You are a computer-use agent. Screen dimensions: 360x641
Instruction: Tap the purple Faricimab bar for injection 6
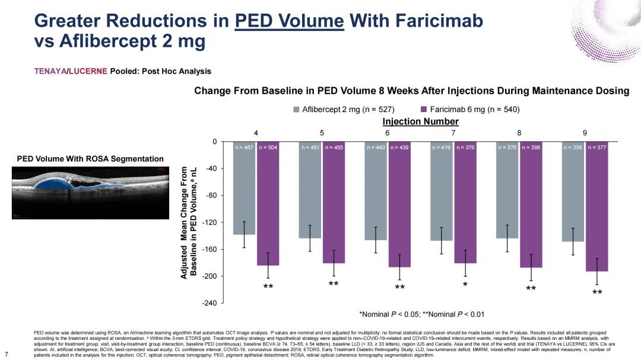pos(399,204)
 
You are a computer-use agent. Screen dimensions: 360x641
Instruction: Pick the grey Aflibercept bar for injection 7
pos(442,191)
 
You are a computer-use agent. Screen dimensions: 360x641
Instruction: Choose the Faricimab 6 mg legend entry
pos(469,109)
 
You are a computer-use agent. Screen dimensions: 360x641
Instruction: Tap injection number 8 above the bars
pos(519,132)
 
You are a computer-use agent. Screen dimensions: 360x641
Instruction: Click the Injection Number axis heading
pos(420,122)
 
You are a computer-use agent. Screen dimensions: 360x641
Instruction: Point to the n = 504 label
pos(268,146)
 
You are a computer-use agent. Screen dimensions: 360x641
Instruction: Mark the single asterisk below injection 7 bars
pos(465,285)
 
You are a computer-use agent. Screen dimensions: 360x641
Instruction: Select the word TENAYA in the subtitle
pos(50,71)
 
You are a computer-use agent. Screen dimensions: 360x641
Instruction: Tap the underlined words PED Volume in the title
pos(289,21)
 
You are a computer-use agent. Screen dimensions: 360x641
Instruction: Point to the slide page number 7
pos(6,355)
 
